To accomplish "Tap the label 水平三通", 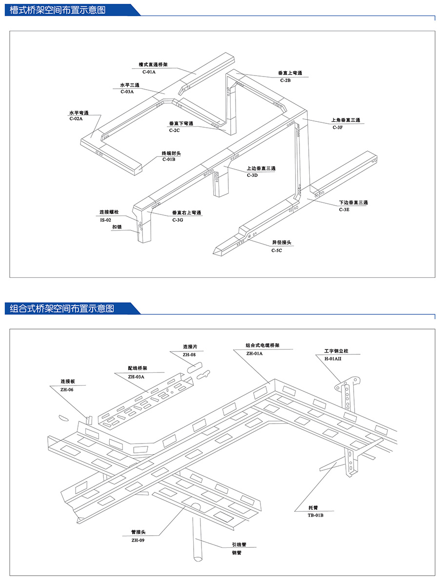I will click(x=130, y=85).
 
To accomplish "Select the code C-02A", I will click(x=76, y=118).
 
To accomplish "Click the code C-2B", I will click(x=285, y=80).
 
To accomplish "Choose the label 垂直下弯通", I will click(x=181, y=124).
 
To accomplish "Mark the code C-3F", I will click(x=338, y=127).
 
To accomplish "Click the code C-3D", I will click(x=252, y=175).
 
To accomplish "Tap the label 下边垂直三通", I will click(x=353, y=202).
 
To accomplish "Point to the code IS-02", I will click(x=105, y=220).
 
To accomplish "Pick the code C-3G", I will click(x=178, y=220).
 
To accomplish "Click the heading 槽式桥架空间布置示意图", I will click(x=58, y=10).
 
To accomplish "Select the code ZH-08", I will click(x=189, y=355).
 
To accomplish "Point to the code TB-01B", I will click(x=316, y=515).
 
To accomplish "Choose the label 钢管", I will click(x=237, y=553).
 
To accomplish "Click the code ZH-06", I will click(x=67, y=389).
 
